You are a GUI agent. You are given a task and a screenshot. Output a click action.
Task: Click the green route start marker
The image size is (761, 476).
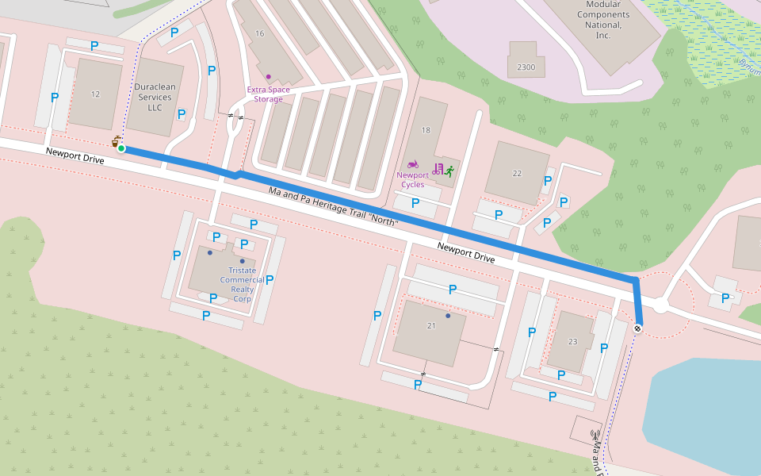(121, 148)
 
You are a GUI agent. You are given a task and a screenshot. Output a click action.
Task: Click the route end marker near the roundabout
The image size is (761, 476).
(637, 328)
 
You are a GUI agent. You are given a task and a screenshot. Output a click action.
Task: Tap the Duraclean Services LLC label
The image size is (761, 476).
(154, 97)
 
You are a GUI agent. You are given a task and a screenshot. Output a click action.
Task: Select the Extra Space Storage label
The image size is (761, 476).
(269, 94)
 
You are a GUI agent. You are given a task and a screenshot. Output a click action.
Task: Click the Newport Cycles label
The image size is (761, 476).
(412, 180)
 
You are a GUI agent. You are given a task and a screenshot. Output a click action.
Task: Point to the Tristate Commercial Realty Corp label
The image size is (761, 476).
(242, 284)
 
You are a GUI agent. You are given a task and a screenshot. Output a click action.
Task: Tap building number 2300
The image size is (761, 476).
(526, 67)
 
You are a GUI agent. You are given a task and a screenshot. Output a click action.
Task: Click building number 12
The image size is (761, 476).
(96, 94)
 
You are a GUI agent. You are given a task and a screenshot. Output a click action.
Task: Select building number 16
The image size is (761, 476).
(260, 33)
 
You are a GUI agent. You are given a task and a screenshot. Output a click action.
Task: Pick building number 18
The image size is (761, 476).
(426, 130)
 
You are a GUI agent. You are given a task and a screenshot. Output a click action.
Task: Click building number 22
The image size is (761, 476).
(518, 173)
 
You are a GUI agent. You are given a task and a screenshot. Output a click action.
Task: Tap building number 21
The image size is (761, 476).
(432, 326)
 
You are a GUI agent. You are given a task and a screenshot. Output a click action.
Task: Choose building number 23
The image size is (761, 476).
(573, 341)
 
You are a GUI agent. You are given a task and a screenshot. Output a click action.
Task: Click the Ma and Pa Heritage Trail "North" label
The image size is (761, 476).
(333, 207)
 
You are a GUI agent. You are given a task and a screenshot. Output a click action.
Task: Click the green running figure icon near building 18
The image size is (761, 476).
(449, 170)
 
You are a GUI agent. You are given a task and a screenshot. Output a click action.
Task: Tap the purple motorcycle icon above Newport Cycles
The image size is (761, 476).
(412, 164)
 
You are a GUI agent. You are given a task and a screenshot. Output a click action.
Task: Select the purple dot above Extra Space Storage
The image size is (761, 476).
(269, 77)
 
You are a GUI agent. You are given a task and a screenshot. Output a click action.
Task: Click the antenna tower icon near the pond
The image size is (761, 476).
(595, 435)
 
